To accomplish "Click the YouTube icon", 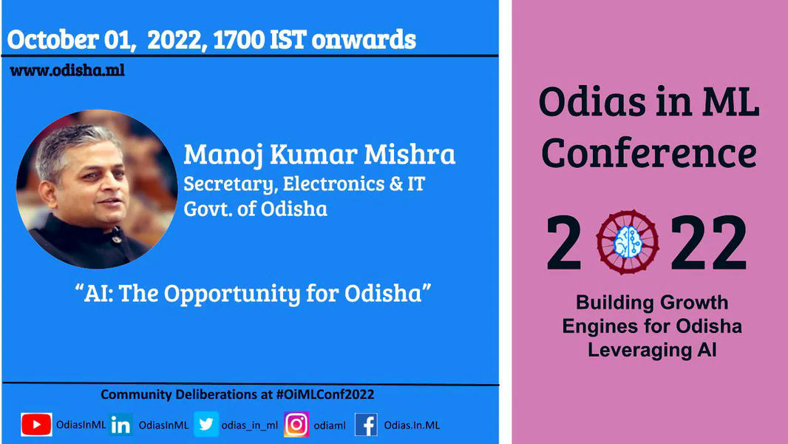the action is tap(36, 424).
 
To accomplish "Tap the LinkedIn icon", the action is tap(120, 425).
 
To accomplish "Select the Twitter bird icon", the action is tap(206, 424).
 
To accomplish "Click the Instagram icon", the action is tap(296, 424).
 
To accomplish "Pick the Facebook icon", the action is tap(367, 425).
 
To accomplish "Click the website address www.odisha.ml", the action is tap(67, 70).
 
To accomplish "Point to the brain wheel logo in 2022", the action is tap(628, 242).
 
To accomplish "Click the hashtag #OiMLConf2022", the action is tap(325, 394).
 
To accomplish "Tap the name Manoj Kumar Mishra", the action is tap(319, 154).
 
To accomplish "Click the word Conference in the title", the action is tap(649, 153).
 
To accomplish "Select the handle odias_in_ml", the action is tap(249, 425).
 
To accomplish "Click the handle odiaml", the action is tap(330, 425).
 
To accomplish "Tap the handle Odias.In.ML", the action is tap(412, 425).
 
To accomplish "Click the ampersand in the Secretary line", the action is tap(396, 184).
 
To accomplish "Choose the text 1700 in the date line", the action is tap(239, 40).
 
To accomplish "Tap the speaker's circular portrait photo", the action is tap(97, 189).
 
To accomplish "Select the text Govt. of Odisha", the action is tap(255, 209).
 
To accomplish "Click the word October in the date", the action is tap(52, 40).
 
